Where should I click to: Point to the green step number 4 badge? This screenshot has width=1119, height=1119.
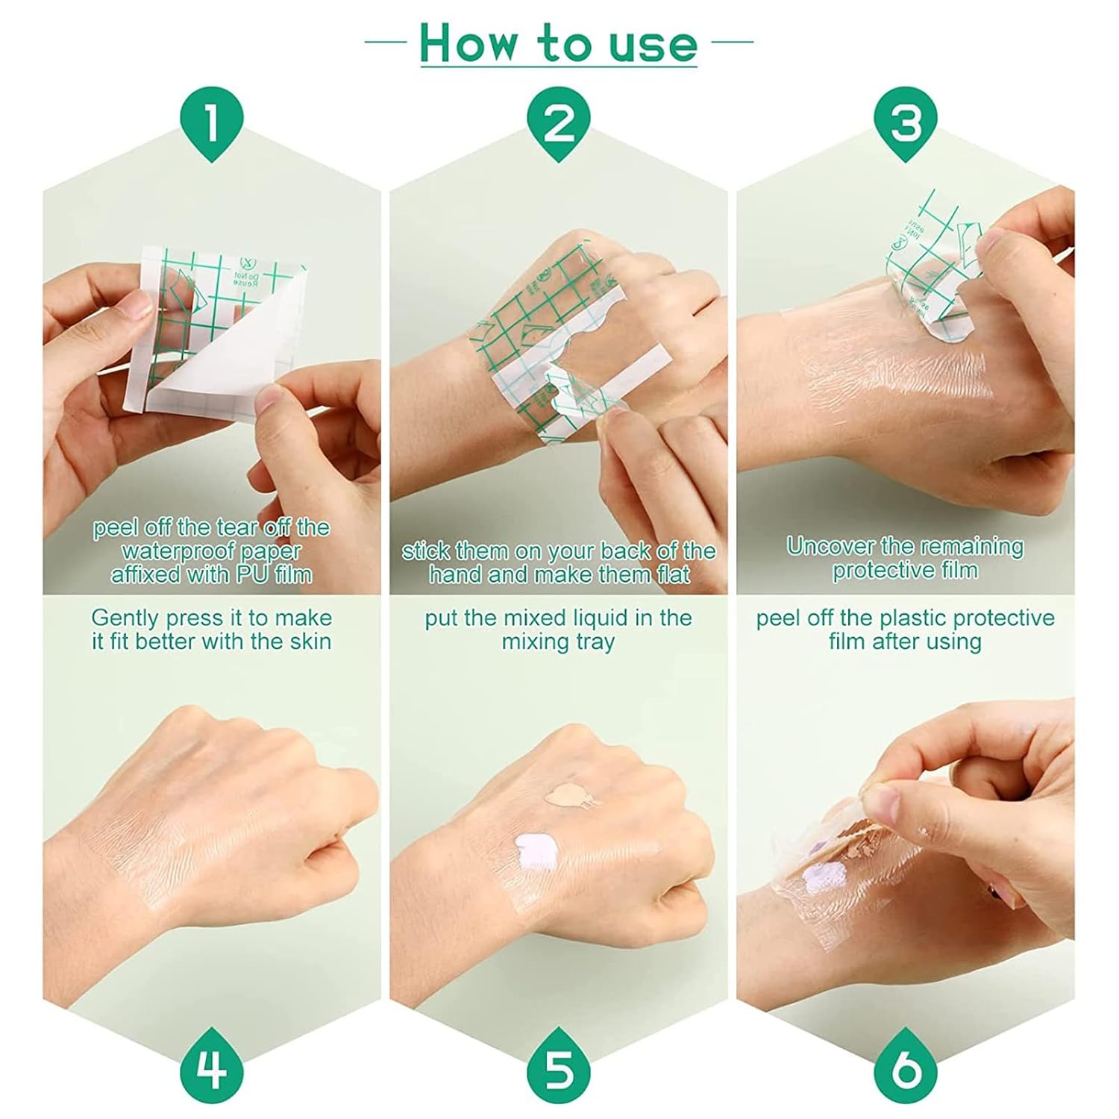click(x=212, y=1067)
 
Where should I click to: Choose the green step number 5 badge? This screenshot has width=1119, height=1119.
click(x=558, y=1067)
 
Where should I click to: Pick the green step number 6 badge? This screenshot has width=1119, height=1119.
click(x=906, y=1067)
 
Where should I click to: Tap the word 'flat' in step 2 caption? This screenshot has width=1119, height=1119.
click(x=671, y=574)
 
